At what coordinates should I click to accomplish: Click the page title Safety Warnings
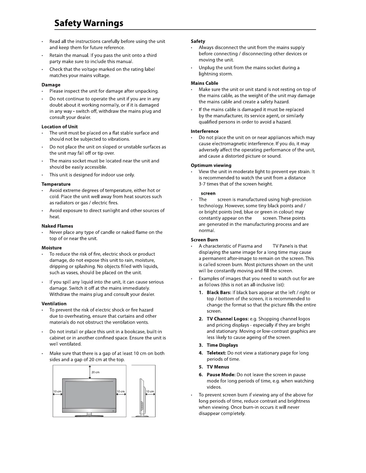point(89,23)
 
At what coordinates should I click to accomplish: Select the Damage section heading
point(51,85)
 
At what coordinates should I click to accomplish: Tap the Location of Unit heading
point(60,127)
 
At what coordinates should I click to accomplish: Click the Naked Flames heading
point(57,226)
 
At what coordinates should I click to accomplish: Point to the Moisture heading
point(52,248)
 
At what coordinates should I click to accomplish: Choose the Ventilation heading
point(54,304)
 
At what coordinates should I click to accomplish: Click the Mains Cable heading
point(205,83)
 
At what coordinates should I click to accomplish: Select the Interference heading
point(205,131)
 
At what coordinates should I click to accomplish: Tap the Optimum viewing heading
point(211,165)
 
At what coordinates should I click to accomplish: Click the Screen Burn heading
point(205,240)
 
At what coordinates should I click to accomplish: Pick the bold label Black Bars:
point(219,293)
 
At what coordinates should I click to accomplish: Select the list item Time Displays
point(222,345)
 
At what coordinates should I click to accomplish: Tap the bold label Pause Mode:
point(221,375)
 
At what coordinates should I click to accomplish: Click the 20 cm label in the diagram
point(95,372)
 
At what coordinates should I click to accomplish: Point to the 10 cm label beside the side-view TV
point(150,391)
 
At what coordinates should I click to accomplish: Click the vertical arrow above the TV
point(90,372)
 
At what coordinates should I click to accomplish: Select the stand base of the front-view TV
point(89,415)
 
